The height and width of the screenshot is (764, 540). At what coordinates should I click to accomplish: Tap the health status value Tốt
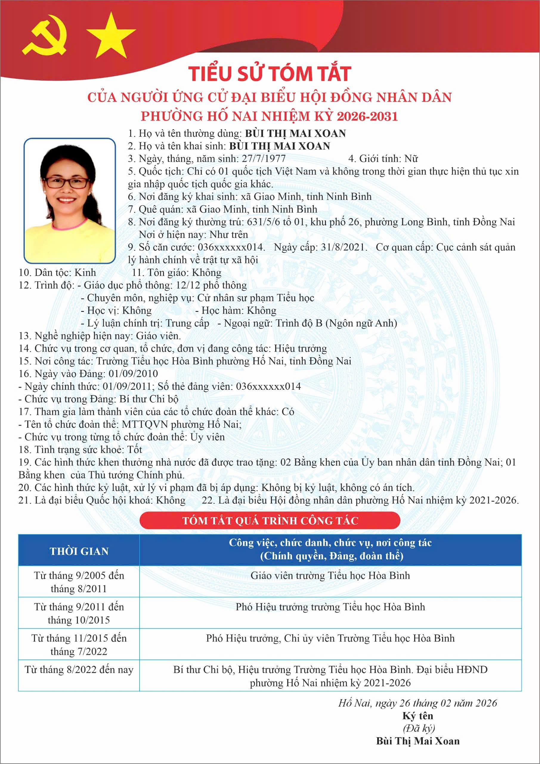pyautogui.click(x=135, y=449)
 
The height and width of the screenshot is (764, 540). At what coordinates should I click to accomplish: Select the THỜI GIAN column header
pyautogui.click(x=79, y=552)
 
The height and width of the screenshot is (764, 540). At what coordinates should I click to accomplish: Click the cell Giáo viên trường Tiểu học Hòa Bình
pyautogui.click(x=330, y=576)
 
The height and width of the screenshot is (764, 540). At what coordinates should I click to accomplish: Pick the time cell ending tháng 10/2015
pyautogui.click(x=79, y=614)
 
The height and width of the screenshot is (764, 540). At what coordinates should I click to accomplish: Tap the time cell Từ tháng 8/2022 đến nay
pyautogui.click(x=79, y=669)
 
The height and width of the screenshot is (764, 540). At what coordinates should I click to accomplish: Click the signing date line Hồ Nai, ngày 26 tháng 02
pyautogui.click(x=417, y=703)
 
